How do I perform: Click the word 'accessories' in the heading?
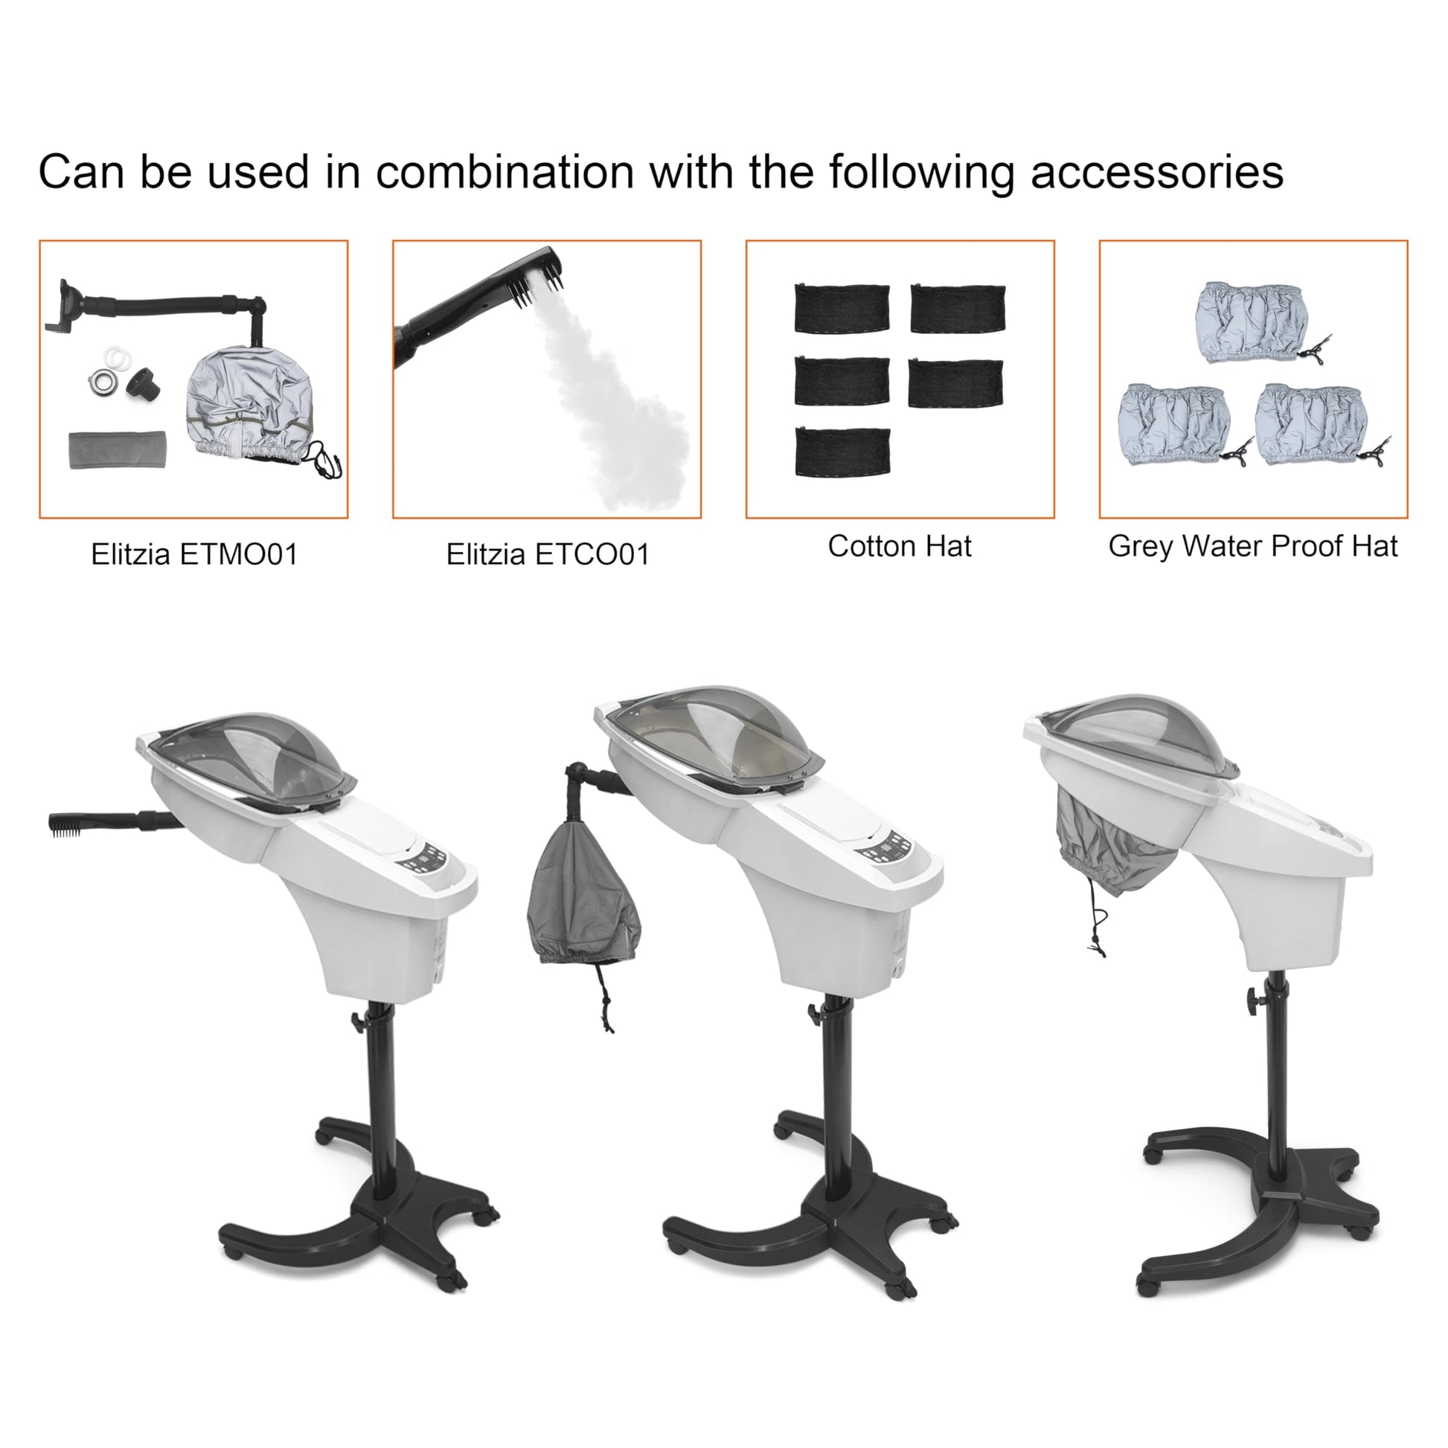pyautogui.click(x=1157, y=172)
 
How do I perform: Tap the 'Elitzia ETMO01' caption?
pyautogui.click(x=194, y=554)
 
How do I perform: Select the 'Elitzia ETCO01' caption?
pyautogui.click(x=547, y=554)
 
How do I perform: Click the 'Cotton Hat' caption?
pyautogui.click(x=900, y=546)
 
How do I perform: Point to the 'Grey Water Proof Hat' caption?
pyautogui.click(x=1253, y=546)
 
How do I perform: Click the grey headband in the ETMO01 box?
pyautogui.click(x=118, y=449)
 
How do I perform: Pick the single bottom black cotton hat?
pyautogui.click(x=842, y=451)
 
